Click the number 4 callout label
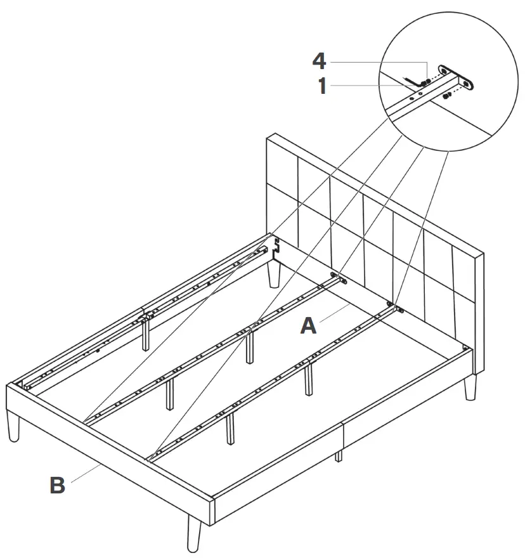tap(319, 62)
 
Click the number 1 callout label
tap(322, 86)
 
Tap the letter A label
tap(308, 326)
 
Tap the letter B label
tap(57, 486)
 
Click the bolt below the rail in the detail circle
tap(447, 96)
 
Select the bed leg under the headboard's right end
tap(470, 387)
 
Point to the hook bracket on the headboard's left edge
tap(276, 248)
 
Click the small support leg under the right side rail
tap(339, 455)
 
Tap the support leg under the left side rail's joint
tap(146, 333)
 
